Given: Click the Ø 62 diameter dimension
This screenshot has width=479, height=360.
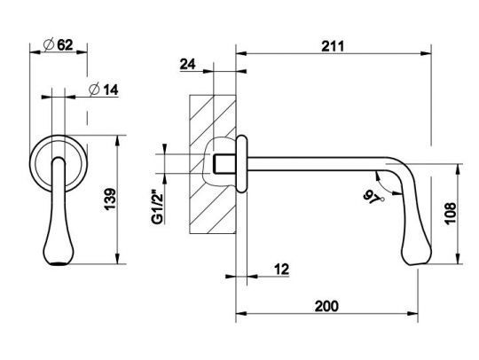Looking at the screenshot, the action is pos(59,45).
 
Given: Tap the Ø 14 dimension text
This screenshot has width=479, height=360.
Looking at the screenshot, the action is pos(103,90).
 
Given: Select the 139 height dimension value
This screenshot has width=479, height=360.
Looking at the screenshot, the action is pos(110,200).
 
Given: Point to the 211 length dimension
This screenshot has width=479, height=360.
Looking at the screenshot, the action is pos(333,46).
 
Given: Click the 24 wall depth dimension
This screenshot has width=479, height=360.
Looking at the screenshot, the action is pos(187,64).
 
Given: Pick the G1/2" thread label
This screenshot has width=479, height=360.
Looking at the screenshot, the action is pos(158,207).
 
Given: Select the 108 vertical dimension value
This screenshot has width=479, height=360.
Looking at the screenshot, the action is pos(451,214).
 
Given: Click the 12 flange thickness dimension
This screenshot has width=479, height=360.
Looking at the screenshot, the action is pos(281,270).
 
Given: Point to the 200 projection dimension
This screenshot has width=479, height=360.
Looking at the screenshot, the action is pos(326,306).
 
